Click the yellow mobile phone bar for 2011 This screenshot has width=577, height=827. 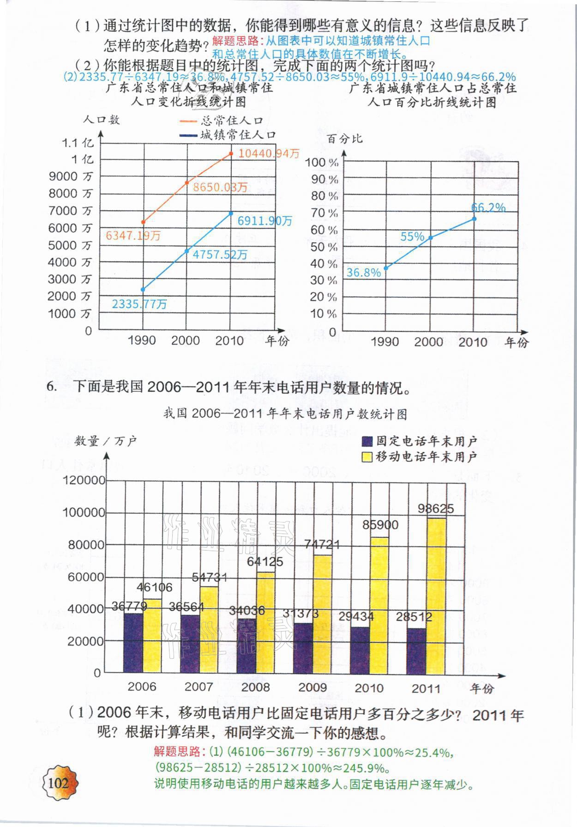pyautogui.click(x=436, y=596)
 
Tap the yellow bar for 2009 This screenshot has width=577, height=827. pyautogui.click(x=322, y=614)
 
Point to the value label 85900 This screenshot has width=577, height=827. pyautogui.click(x=380, y=525)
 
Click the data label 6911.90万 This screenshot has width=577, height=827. pyautogui.click(x=265, y=221)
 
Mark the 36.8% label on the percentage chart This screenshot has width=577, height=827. pyautogui.click(x=364, y=273)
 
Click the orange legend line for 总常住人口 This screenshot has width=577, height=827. pyautogui.click(x=188, y=121)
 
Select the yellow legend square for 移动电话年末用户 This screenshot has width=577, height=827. pyautogui.click(x=367, y=457)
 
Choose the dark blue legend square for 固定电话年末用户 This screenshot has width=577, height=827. pyautogui.click(x=367, y=441)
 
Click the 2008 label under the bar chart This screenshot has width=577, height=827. pyautogui.click(x=255, y=687)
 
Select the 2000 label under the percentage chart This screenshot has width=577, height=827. pyautogui.click(x=428, y=342)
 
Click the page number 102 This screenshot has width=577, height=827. pyautogui.click(x=58, y=783)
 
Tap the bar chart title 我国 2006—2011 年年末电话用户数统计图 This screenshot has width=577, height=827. pyautogui.click(x=285, y=413)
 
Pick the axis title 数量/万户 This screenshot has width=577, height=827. pyautogui.click(x=106, y=441)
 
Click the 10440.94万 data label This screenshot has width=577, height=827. pyautogui.click(x=269, y=153)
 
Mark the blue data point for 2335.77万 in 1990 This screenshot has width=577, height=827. pyautogui.click(x=143, y=290)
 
